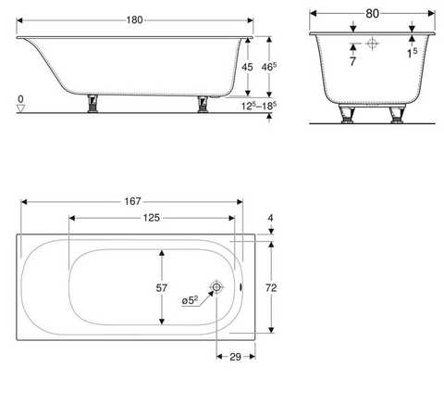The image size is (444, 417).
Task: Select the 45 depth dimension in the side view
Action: click(x=246, y=67)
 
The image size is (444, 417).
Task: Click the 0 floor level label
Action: click(x=19, y=97)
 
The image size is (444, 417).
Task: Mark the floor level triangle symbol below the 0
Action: click(x=19, y=107)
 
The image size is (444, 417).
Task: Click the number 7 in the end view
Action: click(x=352, y=61)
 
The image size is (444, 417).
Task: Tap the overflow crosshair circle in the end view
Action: click(x=372, y=43)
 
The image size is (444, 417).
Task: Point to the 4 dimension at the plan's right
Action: click(x=271, y=220)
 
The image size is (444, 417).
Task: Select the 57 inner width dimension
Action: click(x=162, y=288)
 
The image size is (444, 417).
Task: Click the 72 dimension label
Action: click(x=271, y=288)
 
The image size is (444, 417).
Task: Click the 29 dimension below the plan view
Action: click(x=235, y=357)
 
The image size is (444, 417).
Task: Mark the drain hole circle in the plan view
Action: click(x=216, y=288)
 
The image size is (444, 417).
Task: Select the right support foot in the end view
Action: click(x=397, y=115)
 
